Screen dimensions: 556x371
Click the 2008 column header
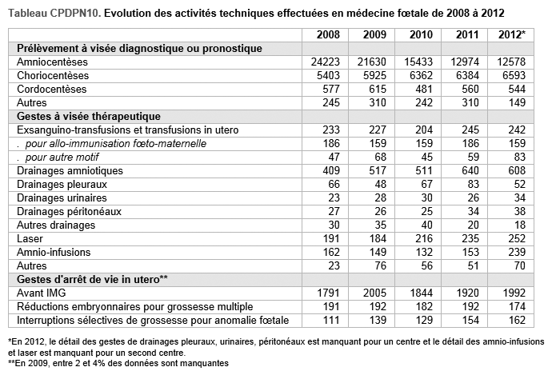click(328, 34)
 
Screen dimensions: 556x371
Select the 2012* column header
click(512, 34)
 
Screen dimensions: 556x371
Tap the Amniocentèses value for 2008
click(325, 62)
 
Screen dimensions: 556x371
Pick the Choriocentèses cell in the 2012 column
click(514, 75)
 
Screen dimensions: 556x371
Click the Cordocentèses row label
click(52, 89)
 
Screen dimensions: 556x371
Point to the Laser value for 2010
click(424, 238)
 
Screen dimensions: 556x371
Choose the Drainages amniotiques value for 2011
click(470, 171)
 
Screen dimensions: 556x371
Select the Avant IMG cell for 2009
click(374, 293)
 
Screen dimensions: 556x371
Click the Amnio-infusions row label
click(54, 253)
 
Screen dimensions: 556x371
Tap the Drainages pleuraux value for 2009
click(380, 184)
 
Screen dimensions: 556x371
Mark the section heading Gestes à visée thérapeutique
click(89, 116)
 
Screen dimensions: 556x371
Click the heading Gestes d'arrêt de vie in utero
click(92, 280)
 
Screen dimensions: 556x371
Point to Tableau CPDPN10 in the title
click(55, 13)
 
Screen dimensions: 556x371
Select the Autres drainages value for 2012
click(520, 225)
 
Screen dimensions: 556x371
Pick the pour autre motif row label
click(58, 157)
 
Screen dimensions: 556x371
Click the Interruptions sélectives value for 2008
click(331, 321)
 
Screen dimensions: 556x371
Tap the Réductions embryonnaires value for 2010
click(424, 307)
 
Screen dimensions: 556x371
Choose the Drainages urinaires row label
click(62, 197)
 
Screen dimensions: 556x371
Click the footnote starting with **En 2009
click(118, 363)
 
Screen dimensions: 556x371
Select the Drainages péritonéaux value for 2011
click(473, 212)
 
